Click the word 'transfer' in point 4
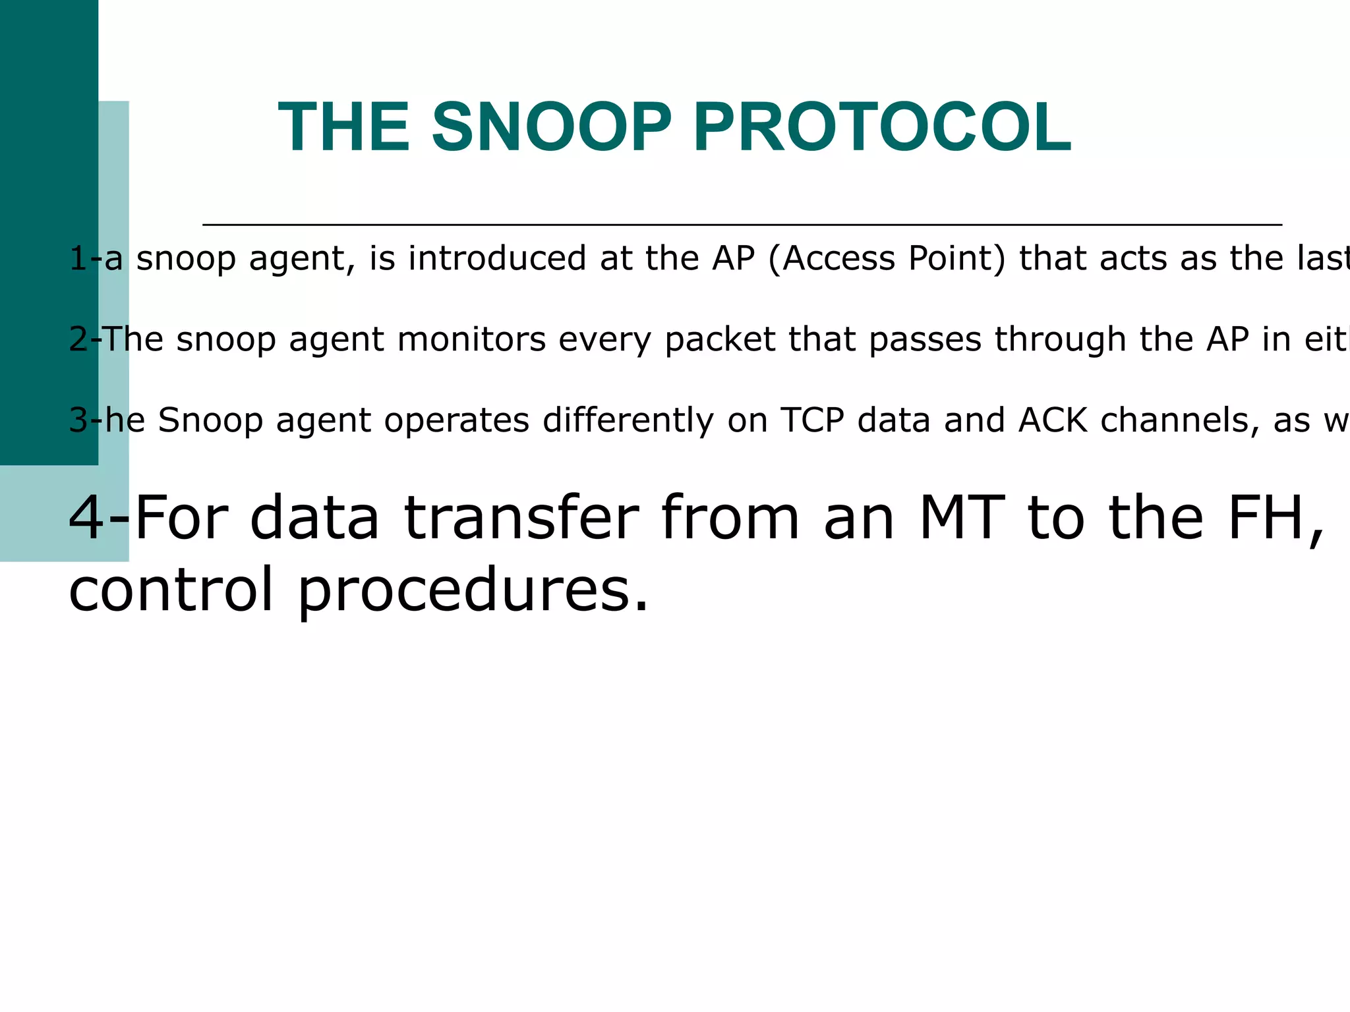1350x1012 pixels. click(x=521, y=519)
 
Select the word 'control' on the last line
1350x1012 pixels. click(x=171, y=588)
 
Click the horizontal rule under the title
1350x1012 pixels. click(x=742, y=225)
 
